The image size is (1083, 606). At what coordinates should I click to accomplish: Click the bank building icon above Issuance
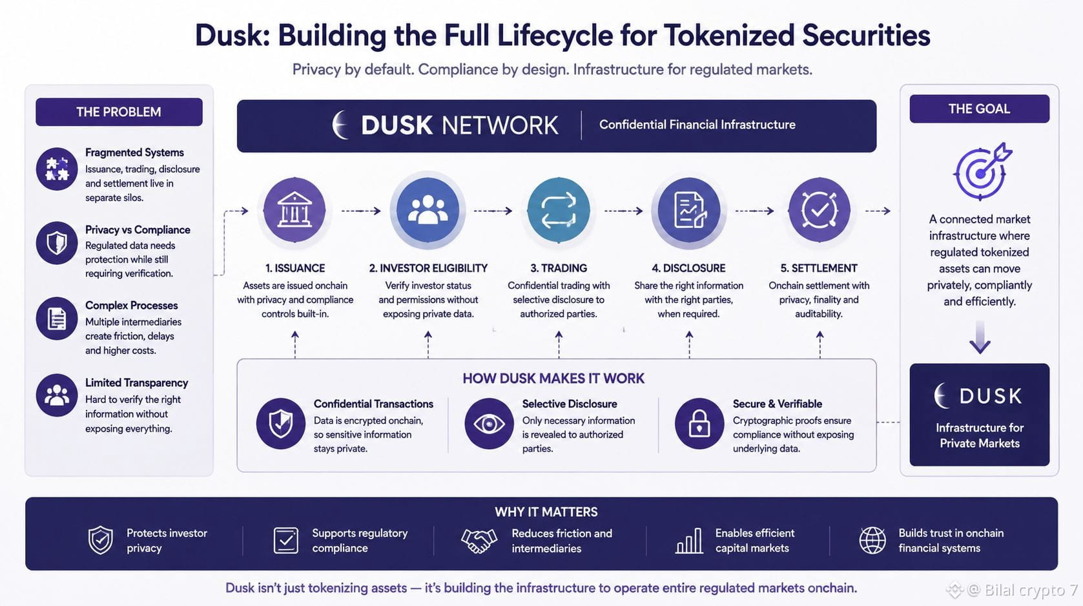(x=294, y=210)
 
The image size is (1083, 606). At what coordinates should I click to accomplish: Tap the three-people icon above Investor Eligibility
(x=428, y=210)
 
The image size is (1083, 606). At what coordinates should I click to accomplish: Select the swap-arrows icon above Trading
(x=559, y=210)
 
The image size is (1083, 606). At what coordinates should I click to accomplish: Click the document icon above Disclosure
(x=689, y=210)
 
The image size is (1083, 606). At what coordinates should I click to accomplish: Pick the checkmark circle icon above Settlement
(x=819, y=210)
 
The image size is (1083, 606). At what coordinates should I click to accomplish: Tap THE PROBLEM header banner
(x=119, y=112)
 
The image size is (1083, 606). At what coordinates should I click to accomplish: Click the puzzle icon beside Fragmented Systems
(x=57, y=169)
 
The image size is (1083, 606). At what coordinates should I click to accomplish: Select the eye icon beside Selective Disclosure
(x=490, y=424)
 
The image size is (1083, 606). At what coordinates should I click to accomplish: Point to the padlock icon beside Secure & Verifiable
(x=699, y=424)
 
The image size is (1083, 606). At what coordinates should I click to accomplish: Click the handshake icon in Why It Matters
(x=479, y=541)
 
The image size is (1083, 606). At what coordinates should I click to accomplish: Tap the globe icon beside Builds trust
(x=872, y=540)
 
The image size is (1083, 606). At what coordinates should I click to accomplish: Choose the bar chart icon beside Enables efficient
(x=689, y=540)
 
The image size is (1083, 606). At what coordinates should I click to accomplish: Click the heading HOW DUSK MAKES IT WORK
(x=553, y=378)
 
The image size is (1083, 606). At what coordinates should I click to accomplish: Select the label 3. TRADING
(x=559, y=268)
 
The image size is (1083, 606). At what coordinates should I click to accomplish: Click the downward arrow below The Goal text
(x=980, y=337)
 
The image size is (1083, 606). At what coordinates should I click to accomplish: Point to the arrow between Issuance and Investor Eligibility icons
(x=361, y=211)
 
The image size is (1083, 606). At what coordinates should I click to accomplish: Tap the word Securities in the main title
(x=866, y=36)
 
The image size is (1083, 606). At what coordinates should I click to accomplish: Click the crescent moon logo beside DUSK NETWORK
(x=340, y=125)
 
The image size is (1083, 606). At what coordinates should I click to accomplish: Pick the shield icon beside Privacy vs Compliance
(x=57, y=243)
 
